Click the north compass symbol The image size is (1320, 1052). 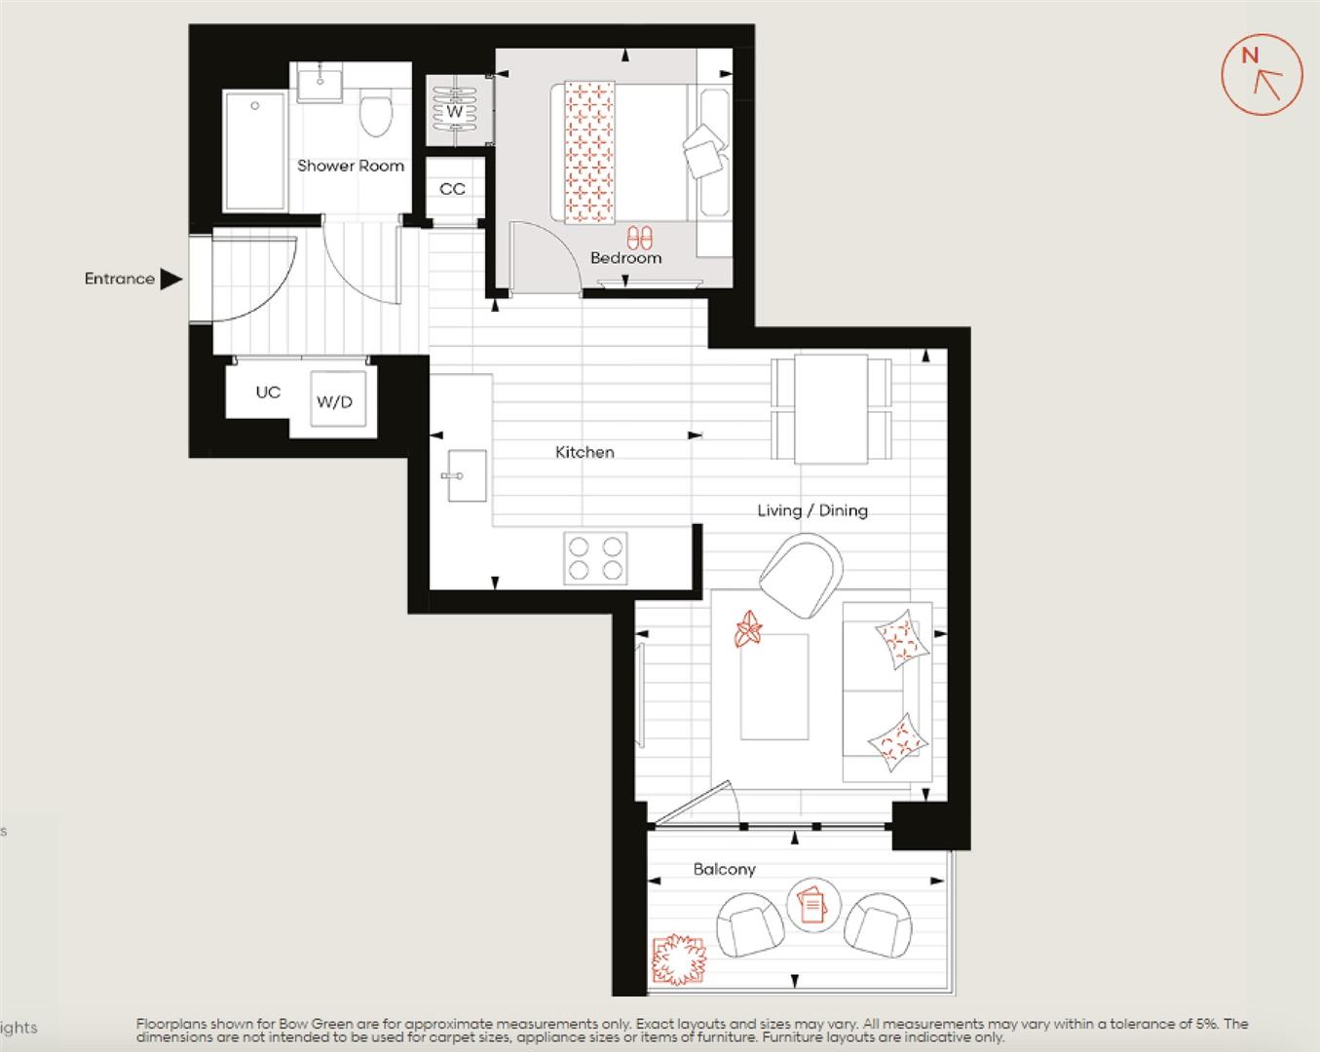click(x=1262, y=76)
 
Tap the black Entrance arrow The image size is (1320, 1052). click(x=171, y=280)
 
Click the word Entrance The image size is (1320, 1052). click(x=119, y=279)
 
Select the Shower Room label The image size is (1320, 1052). click(x=351, y=166)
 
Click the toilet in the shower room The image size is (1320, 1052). click(x=374, y=116)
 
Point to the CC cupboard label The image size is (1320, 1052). click(x=452, y=189)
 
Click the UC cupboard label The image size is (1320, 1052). click(x=268, y=392)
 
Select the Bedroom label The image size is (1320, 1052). click(x=625, y=258)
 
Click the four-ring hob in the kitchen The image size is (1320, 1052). click(x=595, y=558)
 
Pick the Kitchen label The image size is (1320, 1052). click(x=585, y=452)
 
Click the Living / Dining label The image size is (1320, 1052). click(x=811, y=510)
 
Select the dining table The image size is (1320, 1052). click(x=831, y=409)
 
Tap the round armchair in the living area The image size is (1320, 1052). click(x=801, y=578)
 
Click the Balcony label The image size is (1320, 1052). click(x=724, y=869)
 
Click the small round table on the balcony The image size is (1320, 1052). click(x=812, y=903)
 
